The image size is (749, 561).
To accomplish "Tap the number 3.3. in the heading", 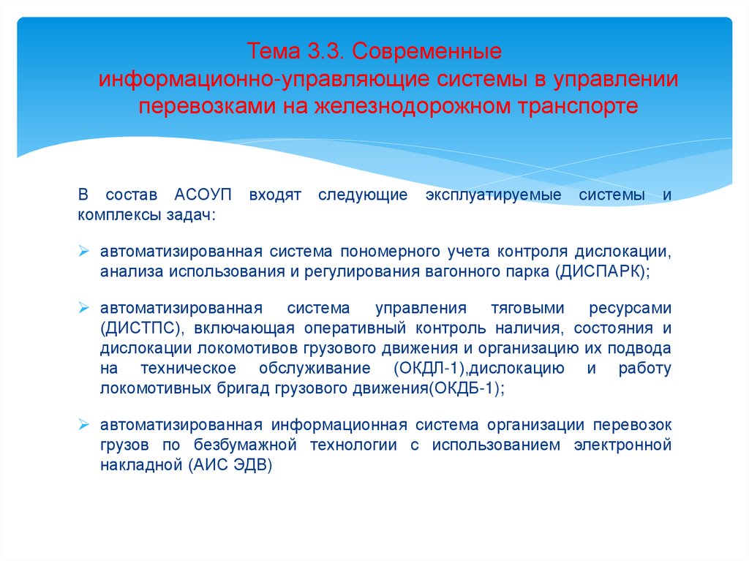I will pos(317,53).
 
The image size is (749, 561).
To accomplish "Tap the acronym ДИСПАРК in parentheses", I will pos(601,271).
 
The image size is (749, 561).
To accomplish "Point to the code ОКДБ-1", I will pos(467,389).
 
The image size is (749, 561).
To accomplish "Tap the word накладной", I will pos(140,465).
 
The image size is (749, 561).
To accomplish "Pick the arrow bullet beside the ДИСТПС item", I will pos(84,307).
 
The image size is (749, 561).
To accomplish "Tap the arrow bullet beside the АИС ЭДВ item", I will pos(84,424).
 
